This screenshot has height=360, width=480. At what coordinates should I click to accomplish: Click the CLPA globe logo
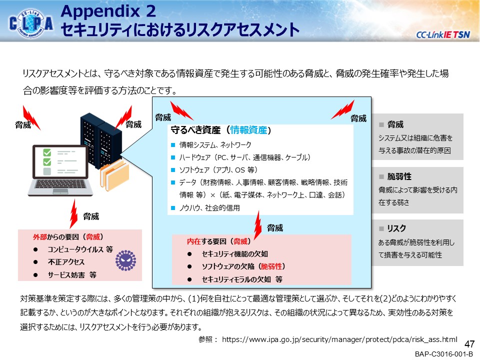tap(31, 23)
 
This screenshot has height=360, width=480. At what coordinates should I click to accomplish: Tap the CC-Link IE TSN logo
tap(442, 34)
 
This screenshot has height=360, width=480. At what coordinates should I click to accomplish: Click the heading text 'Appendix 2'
tap(108, 11)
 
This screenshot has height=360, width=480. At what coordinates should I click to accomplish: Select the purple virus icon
tap(126, 260)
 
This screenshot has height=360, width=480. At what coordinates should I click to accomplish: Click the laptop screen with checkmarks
tap(60, 161)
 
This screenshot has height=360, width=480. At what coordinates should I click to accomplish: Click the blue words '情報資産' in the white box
tap(248, 130)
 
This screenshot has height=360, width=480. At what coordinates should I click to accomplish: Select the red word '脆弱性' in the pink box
tap(271, 266)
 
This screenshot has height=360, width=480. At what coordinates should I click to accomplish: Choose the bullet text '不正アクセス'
tap(66, 262)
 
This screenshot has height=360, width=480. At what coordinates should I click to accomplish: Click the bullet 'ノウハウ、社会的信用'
tap(209, 208)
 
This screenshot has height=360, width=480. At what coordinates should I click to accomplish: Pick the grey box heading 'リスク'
tap(396, 228)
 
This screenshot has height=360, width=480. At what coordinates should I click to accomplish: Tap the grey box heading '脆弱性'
tap(399, 176)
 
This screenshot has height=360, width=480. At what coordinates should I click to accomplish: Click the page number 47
tap(469, 344)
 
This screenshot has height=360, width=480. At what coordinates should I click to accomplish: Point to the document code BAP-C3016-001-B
tap(444, 354)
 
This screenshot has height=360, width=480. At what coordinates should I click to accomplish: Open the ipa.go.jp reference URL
tap(339, 339)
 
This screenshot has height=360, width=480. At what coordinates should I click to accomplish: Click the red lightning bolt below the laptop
tap(73, 213)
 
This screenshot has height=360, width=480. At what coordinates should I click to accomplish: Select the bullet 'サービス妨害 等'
tap(72, 275)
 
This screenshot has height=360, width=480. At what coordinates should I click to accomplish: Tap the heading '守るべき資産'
tap(195, 130)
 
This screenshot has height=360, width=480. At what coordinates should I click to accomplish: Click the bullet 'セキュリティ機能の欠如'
tap(235, 254)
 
